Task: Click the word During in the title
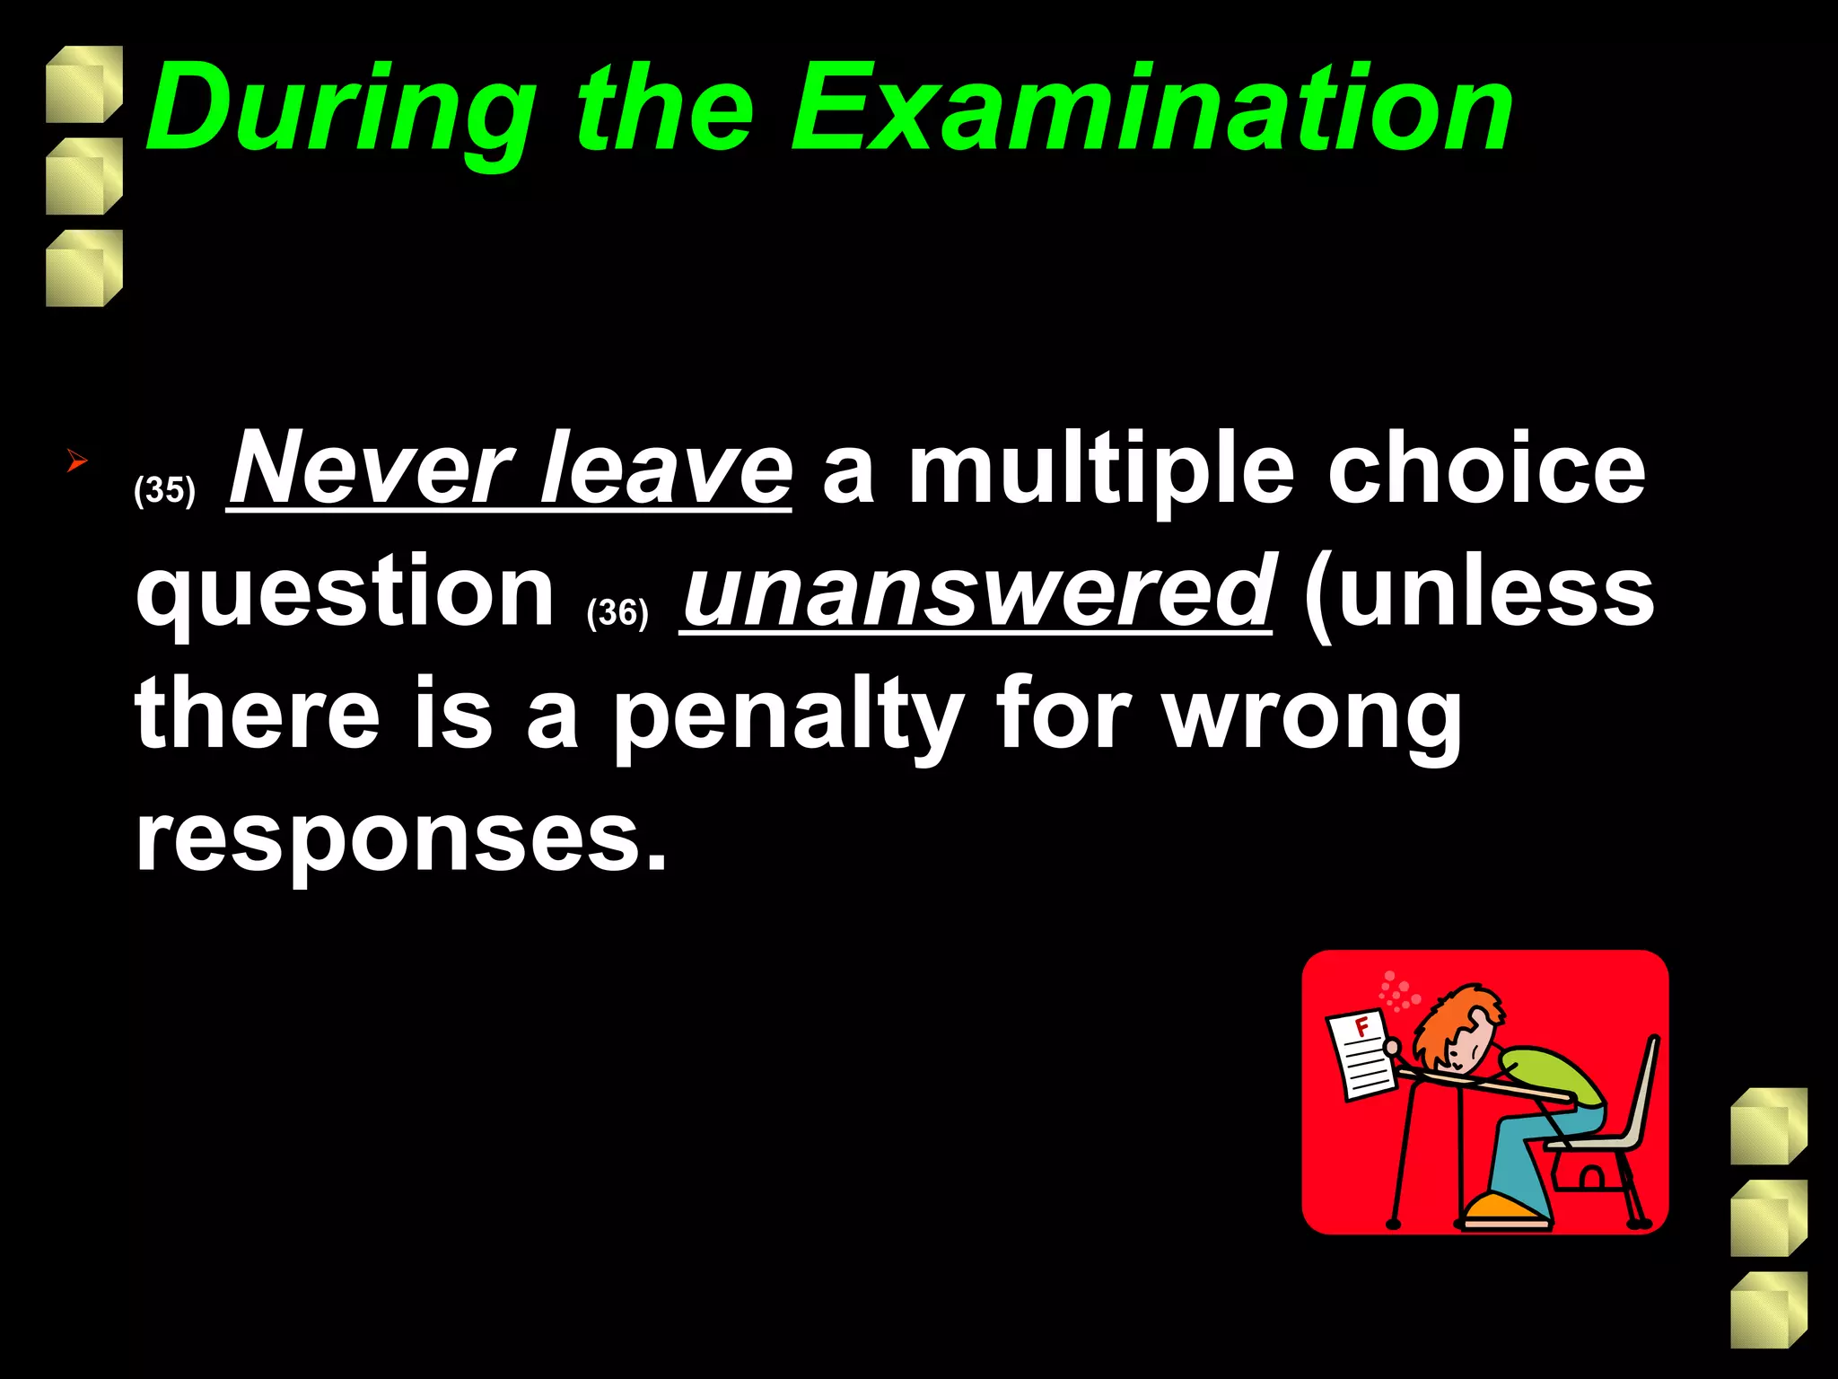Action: (x=341, y=110)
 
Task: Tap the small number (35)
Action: (x=164, y=490)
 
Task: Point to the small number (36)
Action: (x=617, y=613)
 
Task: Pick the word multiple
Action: (x=1101, y=469)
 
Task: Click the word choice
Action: (x=1486, y=469)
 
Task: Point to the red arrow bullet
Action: (x=77, y=462)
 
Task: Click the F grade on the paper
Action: (x=1361, y=1027)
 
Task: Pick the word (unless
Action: (x=1479, y=593)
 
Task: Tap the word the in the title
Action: (x=664, y=110)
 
